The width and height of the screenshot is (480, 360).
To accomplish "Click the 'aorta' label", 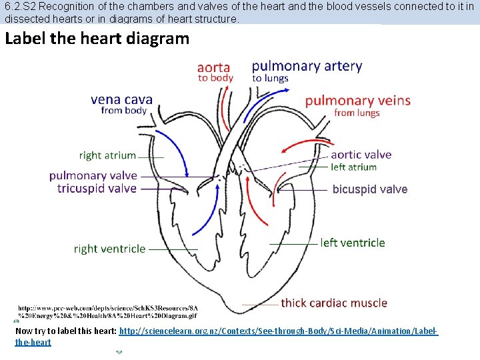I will point(214,67).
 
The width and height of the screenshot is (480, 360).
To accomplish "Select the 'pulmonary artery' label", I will point(307,65).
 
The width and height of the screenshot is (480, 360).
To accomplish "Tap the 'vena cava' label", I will point(121,99).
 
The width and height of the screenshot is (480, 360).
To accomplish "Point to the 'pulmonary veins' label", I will point(357,101).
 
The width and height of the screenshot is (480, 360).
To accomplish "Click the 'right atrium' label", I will point(107,155).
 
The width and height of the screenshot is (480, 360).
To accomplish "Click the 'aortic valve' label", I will point(361,155).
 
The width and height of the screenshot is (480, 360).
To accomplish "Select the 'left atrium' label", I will point(353,167).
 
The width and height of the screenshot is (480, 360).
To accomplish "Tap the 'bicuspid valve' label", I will point(369,189).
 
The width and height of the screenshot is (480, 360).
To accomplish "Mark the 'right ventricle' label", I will point(109,249).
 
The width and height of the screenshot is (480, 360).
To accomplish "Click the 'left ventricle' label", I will point(353,243).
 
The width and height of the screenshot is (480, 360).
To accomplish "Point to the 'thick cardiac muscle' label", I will point(333,303).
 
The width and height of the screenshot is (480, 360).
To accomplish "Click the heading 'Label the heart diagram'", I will point(97,38).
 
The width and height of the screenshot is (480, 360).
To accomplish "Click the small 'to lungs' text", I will point(270,78).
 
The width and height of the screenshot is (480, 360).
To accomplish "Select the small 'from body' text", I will point(123,111).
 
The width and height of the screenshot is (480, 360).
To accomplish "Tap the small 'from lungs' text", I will point(357,113).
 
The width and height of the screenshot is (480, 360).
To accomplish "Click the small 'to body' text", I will point(215,78).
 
